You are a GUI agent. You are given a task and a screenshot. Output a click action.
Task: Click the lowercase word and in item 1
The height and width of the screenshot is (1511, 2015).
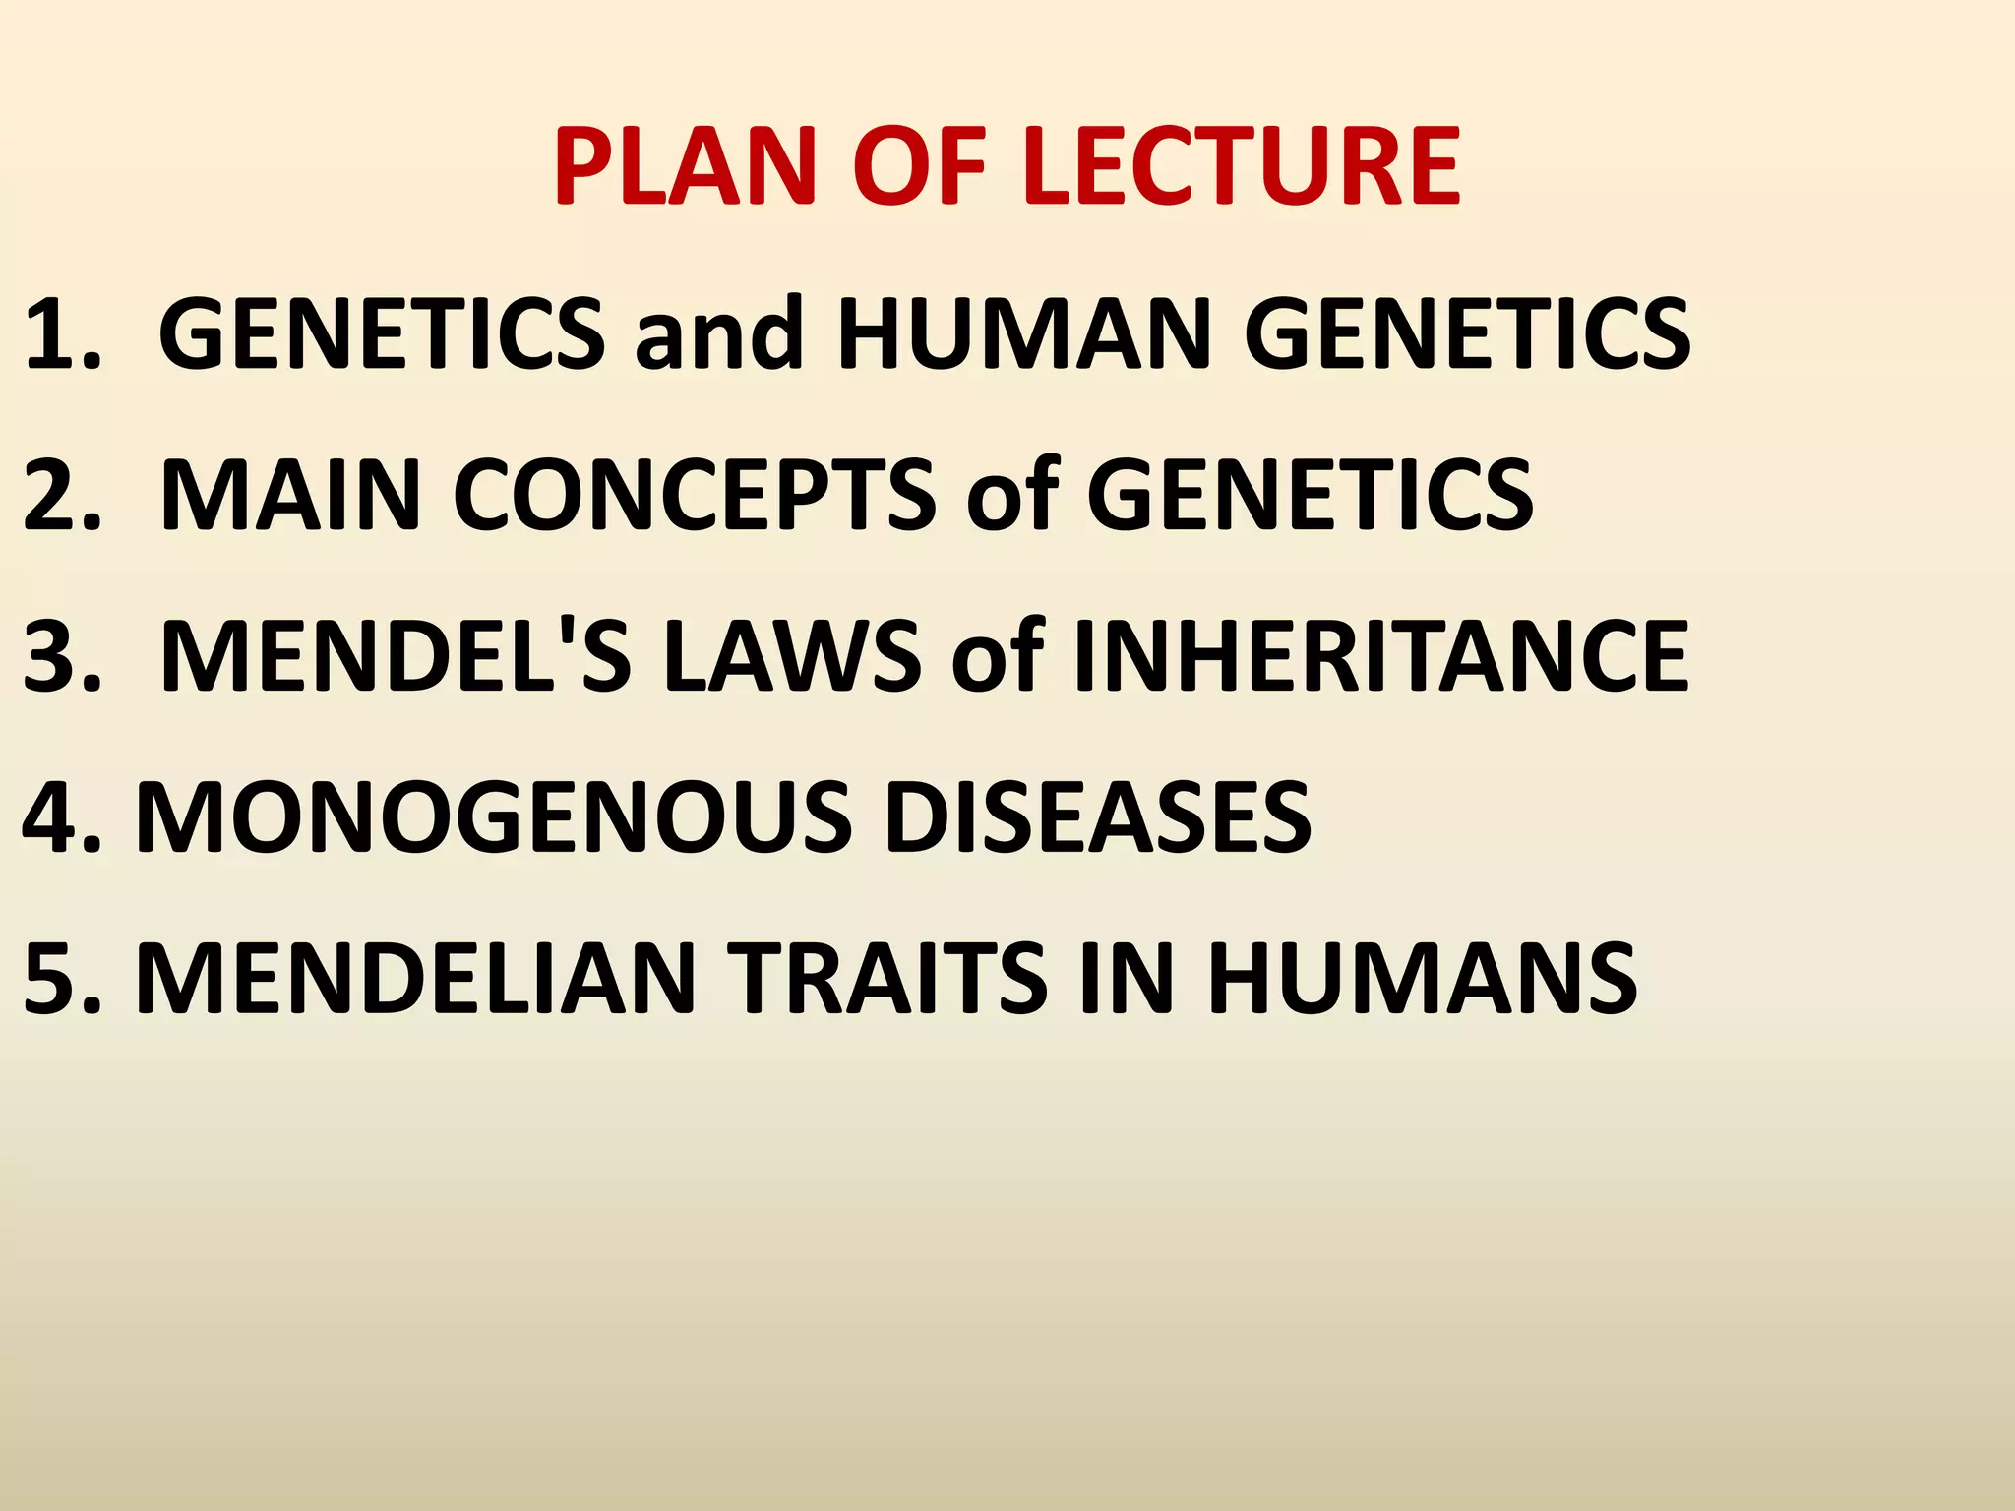coord(719,334)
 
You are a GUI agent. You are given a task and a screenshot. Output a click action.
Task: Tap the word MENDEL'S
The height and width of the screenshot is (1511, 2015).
coord(394,656)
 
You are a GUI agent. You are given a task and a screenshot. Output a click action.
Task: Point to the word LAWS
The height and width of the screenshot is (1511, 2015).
coord(792,656)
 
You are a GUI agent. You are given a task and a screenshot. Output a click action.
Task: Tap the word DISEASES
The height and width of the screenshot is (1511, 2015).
coord(1096,816)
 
